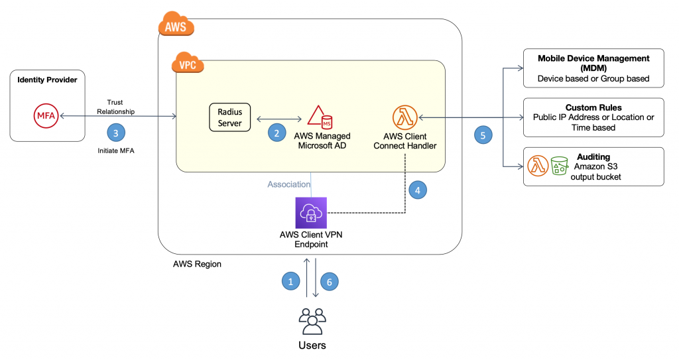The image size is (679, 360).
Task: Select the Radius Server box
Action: coord(229,118)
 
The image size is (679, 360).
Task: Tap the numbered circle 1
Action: coord(289,281)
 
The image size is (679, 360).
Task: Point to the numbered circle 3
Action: coord(116,133)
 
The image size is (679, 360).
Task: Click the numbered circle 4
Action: coord(417,190)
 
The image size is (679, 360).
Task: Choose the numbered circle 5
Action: coord(484,135)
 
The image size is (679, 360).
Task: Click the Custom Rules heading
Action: coord(593,107)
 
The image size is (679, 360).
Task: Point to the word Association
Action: coord(288,184)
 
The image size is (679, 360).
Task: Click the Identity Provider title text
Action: coord(47,80)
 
